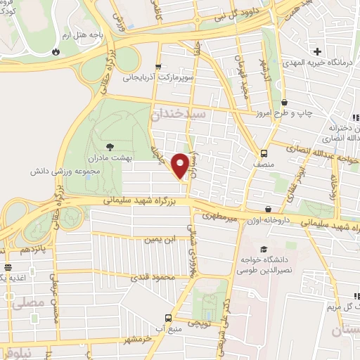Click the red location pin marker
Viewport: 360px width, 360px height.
click(181, 166)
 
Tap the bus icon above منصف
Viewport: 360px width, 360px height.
click(264, 153)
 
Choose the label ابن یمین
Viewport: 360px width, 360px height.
click(160, 240)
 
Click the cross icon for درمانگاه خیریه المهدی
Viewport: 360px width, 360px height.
click(318, 51)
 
